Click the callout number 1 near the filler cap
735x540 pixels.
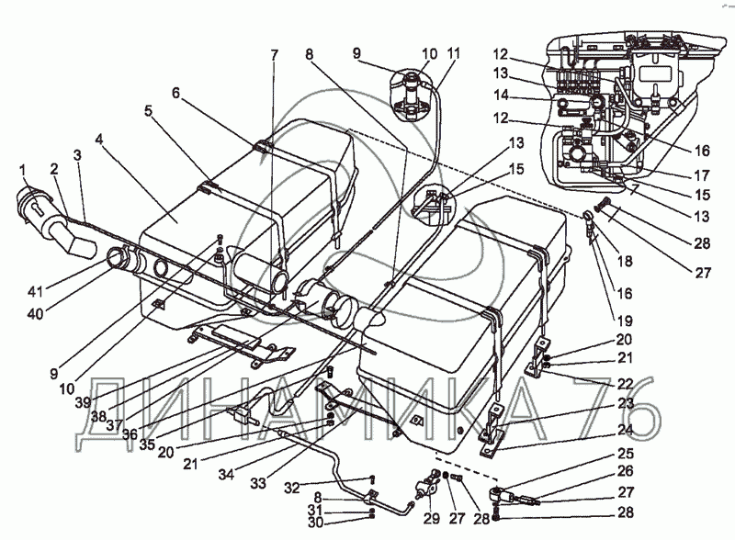pyautogui.click(x=22, y=172)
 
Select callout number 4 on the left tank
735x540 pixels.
pyautogui.click(x=99, y=140)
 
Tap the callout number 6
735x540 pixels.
pyautogui.click(x=175, y=94)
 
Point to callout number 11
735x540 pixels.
pyautogui.click(x=454, y=53)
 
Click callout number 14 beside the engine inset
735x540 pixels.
pyautogui.click(x=501, y=96)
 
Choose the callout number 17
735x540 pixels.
pyautogui.click(x=702, y=175)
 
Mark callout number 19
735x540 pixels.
pyautogui.click(x=625, y=321)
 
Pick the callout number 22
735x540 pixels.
pyautogui.click(x=625, y=383)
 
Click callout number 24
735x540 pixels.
pyautogui.click(x=625, y=430)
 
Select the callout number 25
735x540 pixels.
pyautogui.click(x=626, y=454)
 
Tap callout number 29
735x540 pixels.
pyautogui.click(x=432, y=518)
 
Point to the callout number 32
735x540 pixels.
pyautogui.click(x=292, y=488)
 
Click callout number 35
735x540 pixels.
pyautogui.click(x=147, y=444)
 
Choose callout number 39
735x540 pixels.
pyautogui.click(x=83, y=402)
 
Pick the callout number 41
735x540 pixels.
pyautogui.click(x=35, y=291)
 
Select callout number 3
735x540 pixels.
pyautogui.click(x=77, y=155)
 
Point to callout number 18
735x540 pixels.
pyautogui.click(x=625, y=261)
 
